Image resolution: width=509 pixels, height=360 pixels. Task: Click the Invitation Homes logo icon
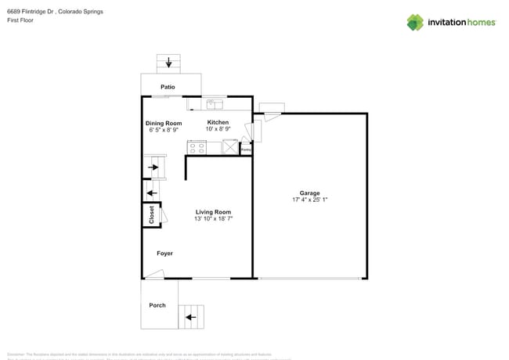click(x=415, y=22)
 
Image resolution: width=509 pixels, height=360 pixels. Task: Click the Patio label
click(x=168, y=87)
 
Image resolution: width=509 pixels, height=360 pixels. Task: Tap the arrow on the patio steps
click(x=168, y=63)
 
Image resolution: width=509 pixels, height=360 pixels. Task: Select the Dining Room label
click(x=164, y=123)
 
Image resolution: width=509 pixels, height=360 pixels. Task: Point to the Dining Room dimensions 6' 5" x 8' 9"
click(x=164, y=130)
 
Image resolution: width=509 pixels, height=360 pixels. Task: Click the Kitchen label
click(x=218, y=122)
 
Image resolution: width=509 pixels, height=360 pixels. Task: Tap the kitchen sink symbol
click(x=215, y=103)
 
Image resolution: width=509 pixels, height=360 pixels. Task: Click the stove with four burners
click(x=197, y=146)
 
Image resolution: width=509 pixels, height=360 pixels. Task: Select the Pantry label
click(x=245, y=148)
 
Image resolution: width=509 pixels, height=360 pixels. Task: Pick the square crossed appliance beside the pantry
click(x=230, y=146)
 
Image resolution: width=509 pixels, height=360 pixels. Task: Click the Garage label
click(x=309, y=193)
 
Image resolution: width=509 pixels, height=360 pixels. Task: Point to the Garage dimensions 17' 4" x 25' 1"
click(x=309, y=200)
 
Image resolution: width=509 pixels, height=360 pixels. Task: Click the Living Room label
click(x=213, y=212)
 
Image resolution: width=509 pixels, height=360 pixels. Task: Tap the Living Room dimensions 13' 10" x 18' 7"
click(x=213, y=219)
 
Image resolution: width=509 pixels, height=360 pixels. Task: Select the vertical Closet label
click(x=151, y=214)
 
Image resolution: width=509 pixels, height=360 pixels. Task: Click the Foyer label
click(x=164, y=254)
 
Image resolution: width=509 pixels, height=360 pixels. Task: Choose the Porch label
click(x=157, y=305)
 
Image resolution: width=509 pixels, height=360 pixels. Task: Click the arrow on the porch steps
click(x=189, y=318)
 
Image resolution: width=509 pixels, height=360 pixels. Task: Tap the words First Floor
click(x=20, y=20)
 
